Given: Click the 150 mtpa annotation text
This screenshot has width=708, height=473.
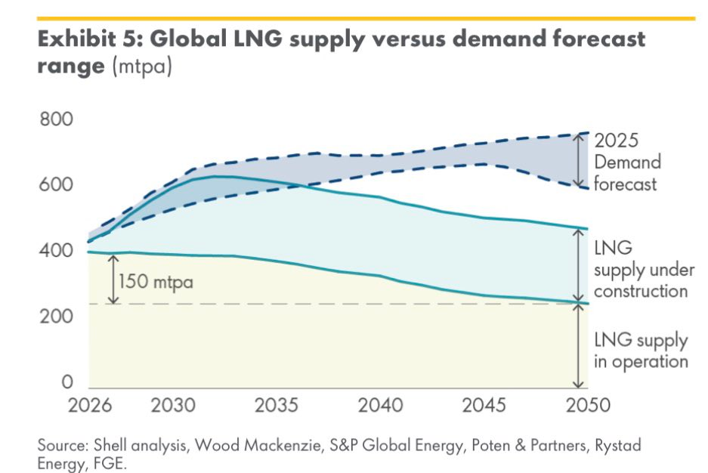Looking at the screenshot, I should pos(156,283).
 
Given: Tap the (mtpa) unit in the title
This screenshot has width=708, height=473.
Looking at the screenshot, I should pos(141,66).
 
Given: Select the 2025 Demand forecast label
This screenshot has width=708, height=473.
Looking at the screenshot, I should pos(627,162).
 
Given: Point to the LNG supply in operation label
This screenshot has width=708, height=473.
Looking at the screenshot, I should pos(641,351).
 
